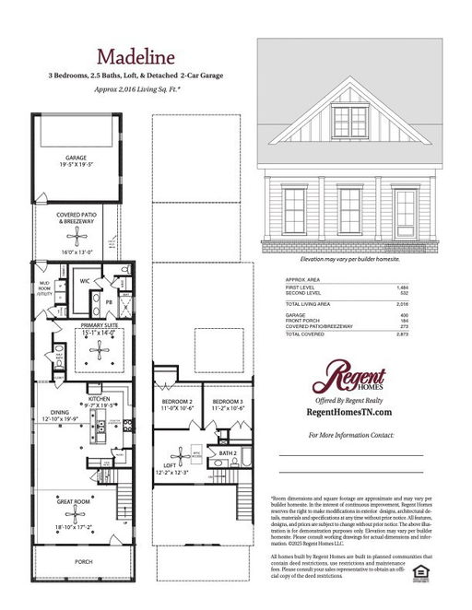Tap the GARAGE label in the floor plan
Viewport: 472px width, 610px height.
pos(76,158)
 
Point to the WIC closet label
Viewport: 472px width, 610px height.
pos(84,280)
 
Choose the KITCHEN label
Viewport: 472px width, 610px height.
pos(99,399)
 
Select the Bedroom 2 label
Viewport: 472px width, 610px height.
pos(177,402)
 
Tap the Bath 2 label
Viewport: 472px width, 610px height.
pos(228,453)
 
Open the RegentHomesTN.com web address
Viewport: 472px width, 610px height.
pos(348,413)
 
